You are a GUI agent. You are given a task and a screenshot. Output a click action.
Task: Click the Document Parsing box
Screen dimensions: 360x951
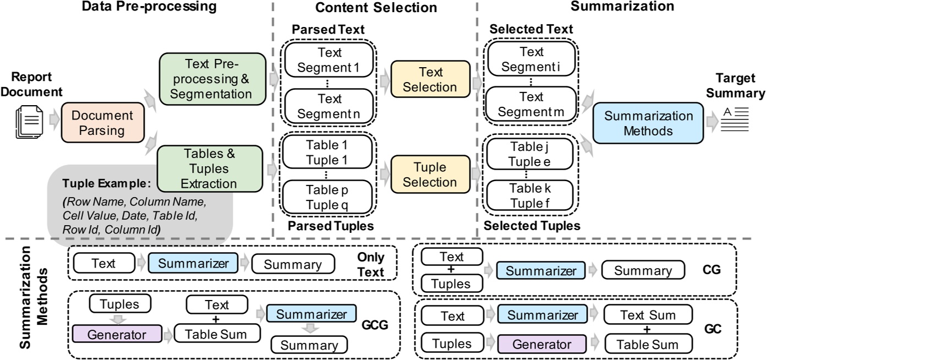102,123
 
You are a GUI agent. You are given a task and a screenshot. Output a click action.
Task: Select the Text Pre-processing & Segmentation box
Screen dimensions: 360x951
212,79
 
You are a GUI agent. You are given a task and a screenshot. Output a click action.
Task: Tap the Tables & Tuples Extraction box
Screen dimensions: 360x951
210,168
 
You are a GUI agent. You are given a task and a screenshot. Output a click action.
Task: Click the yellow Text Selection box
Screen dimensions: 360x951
430,80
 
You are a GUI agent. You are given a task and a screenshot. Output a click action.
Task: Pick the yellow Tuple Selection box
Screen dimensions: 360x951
430,174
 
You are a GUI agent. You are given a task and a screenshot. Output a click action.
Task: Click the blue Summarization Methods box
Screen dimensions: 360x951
648,123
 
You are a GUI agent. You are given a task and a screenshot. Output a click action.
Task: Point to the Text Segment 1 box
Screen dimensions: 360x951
329,60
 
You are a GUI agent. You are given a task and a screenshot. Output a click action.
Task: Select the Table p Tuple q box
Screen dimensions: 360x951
327,197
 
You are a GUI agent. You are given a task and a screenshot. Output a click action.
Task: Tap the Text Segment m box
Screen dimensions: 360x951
531,104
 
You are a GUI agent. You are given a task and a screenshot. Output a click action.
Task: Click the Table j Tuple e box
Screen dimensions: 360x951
529,154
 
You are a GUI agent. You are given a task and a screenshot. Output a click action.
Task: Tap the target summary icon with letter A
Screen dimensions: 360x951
735,119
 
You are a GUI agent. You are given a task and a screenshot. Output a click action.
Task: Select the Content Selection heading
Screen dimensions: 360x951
376,8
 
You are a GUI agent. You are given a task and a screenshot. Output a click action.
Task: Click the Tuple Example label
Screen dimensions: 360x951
106,183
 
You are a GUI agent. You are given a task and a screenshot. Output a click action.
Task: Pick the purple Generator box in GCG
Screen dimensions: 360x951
117,334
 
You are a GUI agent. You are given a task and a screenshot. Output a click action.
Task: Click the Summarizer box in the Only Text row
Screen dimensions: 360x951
193,263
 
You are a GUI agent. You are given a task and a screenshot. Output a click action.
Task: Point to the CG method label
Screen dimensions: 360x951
712,270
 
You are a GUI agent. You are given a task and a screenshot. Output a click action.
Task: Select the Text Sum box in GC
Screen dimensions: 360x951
648,315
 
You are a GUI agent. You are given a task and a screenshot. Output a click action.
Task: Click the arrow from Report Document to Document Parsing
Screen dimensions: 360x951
54,119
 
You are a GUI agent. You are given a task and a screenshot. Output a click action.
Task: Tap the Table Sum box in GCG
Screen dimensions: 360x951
216,334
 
